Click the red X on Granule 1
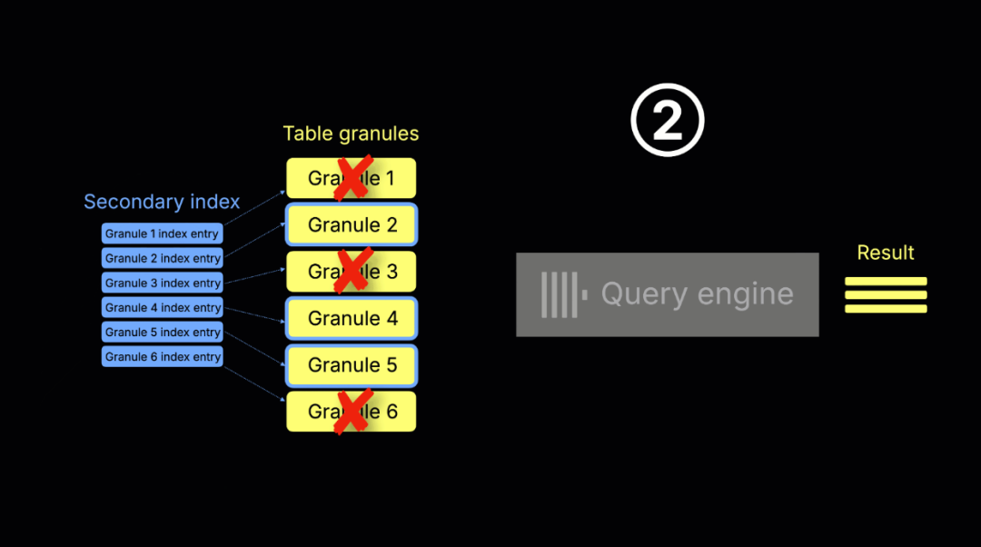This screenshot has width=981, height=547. click(352, 177)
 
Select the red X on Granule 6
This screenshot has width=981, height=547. click(352, 412)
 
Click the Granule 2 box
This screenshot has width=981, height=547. click(352, 224)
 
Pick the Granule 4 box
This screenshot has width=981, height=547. click(352, 318)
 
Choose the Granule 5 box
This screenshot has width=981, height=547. click(352, 365)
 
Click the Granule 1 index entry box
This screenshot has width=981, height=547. click(162, 234)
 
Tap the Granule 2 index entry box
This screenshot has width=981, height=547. click(162, 258)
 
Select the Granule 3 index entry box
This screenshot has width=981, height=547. click(162, 283)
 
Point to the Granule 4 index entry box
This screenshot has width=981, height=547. click(162, 307)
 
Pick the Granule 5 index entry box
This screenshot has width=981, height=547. click(162, 332)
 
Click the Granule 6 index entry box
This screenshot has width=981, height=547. click(162, 356)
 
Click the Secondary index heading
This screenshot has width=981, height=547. click(162, 202)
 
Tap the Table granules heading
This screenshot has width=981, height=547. click(351, 134)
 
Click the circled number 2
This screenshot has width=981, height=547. click(668, 122)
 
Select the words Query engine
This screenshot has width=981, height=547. click(697, 294)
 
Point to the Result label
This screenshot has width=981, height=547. click(886, 253)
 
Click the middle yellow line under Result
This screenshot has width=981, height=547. click(886, 294)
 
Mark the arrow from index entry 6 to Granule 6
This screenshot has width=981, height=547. click(255, 379)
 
